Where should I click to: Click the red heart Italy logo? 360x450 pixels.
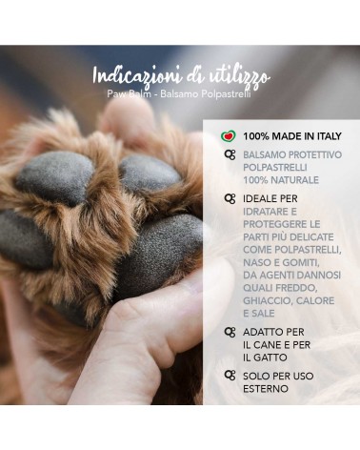click(x=229, y=136)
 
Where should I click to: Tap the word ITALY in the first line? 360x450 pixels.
click(x=329, y=136)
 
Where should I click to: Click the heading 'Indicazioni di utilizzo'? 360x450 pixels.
click(x=181, y=76)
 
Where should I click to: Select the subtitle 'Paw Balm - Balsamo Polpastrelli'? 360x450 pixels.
click(x=179, y=94)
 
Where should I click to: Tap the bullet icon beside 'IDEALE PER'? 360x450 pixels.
click(x=230, y=198)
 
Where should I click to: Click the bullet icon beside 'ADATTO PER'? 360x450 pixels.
click(x=230, y=332)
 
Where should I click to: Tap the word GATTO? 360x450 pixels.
click(x=270, y=358)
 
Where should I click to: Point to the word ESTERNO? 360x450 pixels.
click(x=266, y=389)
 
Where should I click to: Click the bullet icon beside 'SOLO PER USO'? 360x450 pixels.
click(x=230, y=376)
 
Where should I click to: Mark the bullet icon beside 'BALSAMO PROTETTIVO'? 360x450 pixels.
click(x=230, y=154)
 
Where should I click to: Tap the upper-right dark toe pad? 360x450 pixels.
click(x=150, y=174)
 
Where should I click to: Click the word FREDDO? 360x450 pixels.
click(x=296, y=288)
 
